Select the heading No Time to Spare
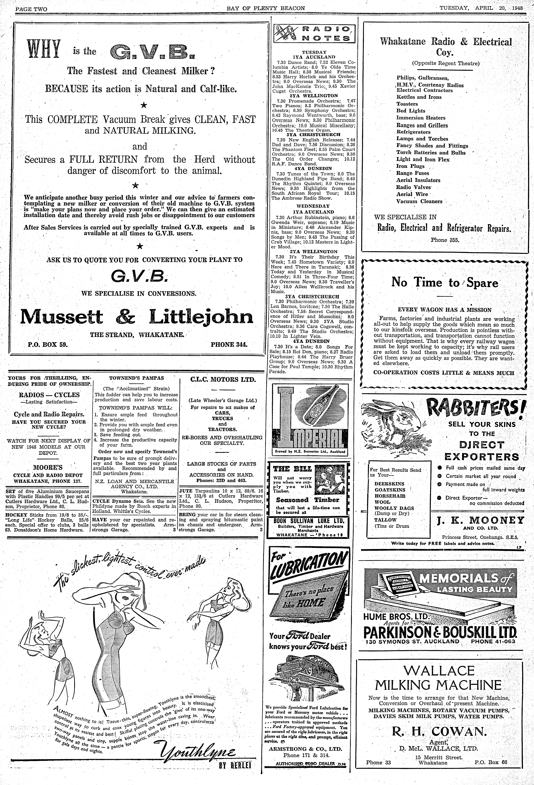[444, 282]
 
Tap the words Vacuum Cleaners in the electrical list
[419, 201]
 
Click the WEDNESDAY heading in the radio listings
[313, 206]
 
